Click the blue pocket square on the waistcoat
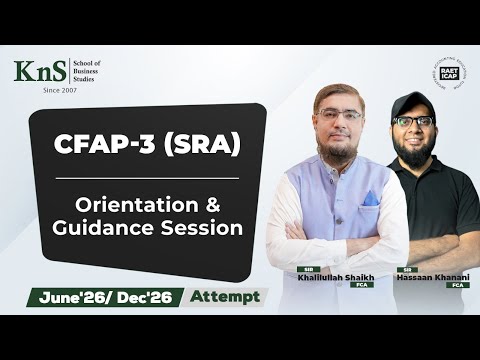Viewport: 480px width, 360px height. point(370,198)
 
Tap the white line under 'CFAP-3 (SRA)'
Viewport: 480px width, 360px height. point(145,178)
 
